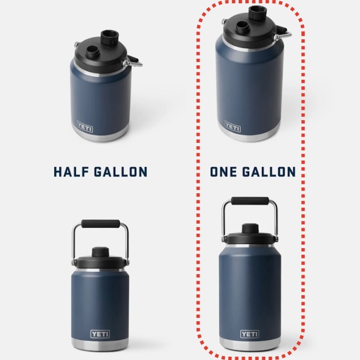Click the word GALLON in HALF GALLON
(x=121, y=172)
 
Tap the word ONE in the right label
(x=223, y=172)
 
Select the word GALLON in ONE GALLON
(x=269, y=172)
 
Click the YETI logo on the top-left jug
(x=85, y=126)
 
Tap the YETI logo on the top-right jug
(x=233, y=126)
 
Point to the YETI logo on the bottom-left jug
(x=100, y=334)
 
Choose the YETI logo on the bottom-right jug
(x=250, y=334)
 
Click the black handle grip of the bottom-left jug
(x=101, y=224)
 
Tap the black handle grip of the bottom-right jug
(x=250, y=200)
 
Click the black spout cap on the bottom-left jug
(x=101, y=252)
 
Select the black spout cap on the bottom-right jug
(x=250, y=229)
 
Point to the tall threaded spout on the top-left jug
(x=110, y=38)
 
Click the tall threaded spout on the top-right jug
(x=258, y=13)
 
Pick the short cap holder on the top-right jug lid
(x=243, y=28)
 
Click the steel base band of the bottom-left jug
(x=100, y=344)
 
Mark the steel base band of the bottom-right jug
(x=250, y=344)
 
